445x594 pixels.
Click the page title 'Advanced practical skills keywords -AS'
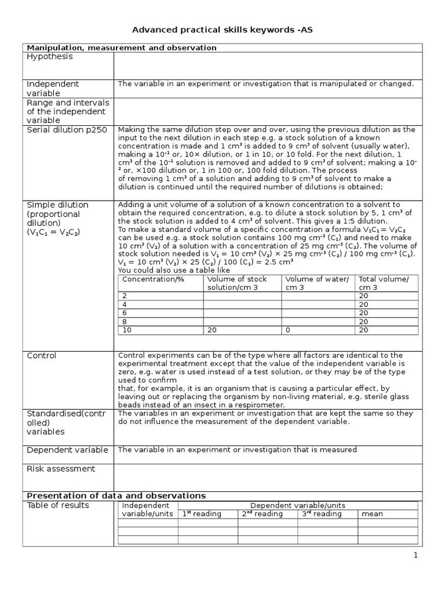coord(222,30)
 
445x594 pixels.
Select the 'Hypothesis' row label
coord(50,57)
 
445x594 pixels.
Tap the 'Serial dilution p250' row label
coord(67,130)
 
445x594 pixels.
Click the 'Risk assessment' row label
coord(61,469)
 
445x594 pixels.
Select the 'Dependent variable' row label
coord(67,450)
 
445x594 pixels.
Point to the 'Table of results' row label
coord(58,505)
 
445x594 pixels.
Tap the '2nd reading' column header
coord(262,514)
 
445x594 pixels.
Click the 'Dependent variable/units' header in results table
coord(298,506)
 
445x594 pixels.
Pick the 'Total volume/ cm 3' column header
coord(384,284)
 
